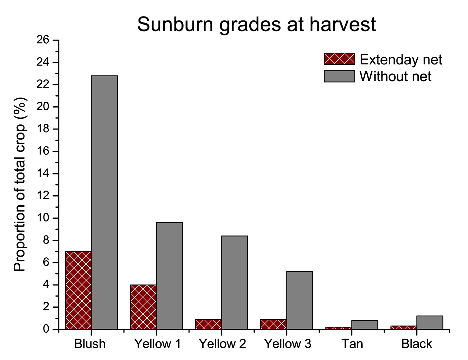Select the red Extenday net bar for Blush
[x=78, y=290]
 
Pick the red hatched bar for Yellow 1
[x=143, y=307]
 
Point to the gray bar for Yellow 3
[x=300, y=300]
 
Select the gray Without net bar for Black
[x=430, y=322]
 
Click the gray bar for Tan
[x=365, y=325]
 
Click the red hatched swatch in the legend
[x=339, y=59]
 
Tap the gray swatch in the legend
[x=339, y=76]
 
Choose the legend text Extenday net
[x=401, y=60]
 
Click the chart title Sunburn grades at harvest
[x=256, y=24]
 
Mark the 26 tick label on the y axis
[x=43, y=40]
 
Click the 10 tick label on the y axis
[x=43, y=218]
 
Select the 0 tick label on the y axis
[x=46, y=329]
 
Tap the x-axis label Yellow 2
[x=222, y=344]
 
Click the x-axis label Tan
[x=352, y=344]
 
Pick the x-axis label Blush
[x=90, y=344]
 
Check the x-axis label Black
[x=417, y=344]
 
